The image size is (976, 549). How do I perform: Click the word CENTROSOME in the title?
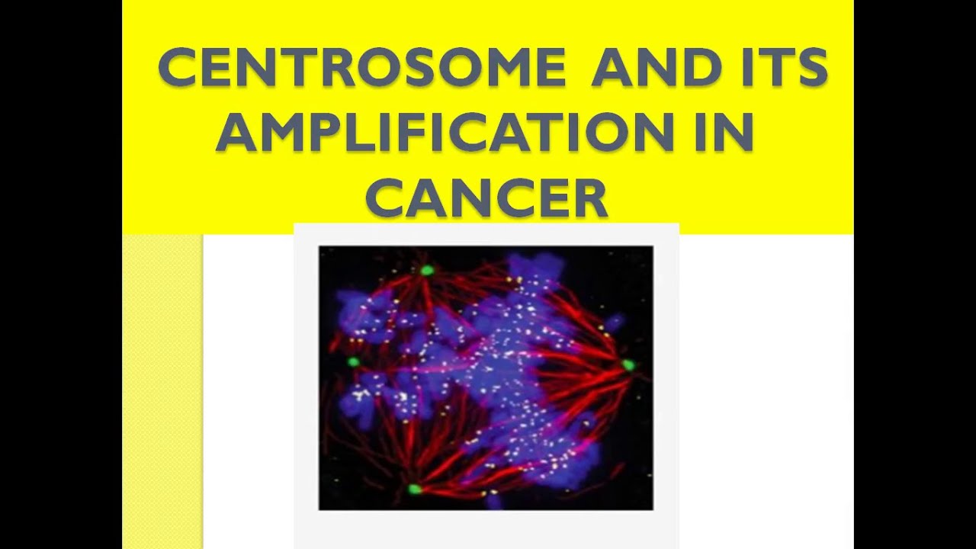point(361,68)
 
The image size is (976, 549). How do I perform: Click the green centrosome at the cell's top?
point(427,270)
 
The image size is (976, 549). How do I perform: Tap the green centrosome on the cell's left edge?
point(354,361)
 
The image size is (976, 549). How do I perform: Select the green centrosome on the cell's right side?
point(628,365)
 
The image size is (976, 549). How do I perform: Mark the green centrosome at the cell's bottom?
point(414,489)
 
